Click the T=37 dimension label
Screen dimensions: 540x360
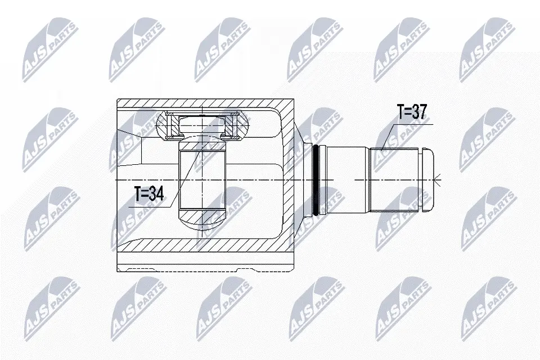pyautogui.click(x=412, y=112)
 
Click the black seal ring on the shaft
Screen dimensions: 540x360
pyautogui.click(x=316, y=180)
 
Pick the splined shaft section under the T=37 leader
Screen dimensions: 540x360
pyautogui.click(x=394, y=180)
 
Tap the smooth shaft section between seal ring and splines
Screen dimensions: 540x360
pyautogui.click(x=348, y=180)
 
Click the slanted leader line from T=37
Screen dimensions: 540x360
pyautogui.click(x=386, y=137)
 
